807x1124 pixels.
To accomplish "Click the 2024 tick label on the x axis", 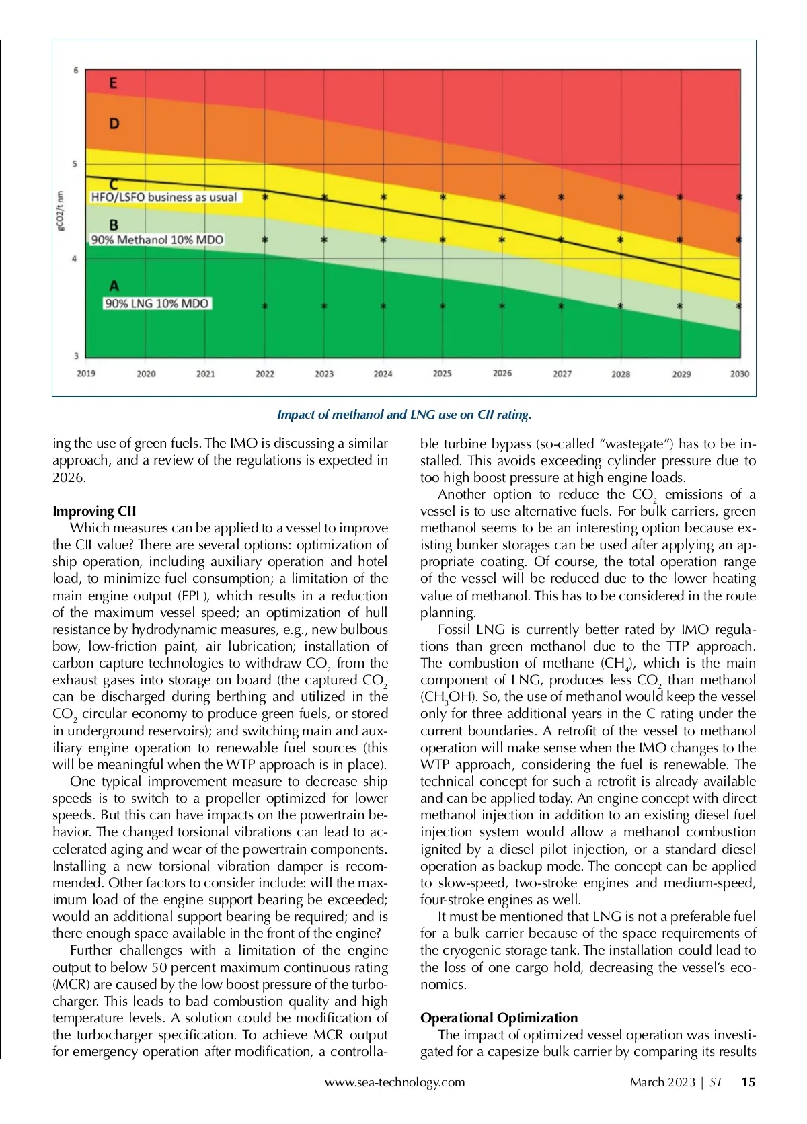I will [x=383, y=374].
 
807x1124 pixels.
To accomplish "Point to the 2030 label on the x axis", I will [x=739, y=374].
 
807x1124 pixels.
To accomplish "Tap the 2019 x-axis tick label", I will [x=86, y=374].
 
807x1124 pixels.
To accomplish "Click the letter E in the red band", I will [x=113, y=83].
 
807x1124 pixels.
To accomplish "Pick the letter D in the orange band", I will [x=114, y=124].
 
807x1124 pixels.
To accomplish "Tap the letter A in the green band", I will [x=114, y=286].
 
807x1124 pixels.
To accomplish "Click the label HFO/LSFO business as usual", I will [x=164, y=197].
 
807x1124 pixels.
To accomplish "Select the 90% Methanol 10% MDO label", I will [x=157, y=239].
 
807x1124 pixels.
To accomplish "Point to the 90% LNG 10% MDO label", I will [x=157, y=303].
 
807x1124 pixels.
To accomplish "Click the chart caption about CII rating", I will [x=404, y=415].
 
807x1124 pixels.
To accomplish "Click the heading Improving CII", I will [x=94, y=511].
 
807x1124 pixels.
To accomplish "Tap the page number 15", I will [x=748, y=1082].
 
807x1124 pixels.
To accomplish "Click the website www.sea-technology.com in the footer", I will [x=395, y=1082].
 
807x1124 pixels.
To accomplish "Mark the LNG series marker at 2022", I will [x=265, y=306].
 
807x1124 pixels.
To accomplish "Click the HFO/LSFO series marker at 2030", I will [x=739, y=197].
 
